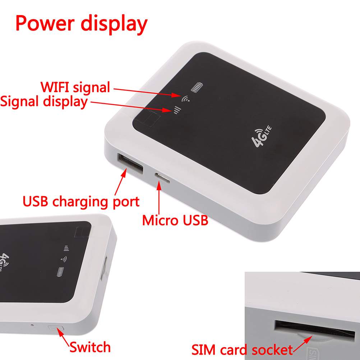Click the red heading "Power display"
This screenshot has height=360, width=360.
pyautogui.click(x=82, y=24)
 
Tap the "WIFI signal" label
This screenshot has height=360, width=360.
pyautogui.click(x=75, y=87)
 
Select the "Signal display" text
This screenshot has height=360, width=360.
pyautogui.click(x=44, y=101)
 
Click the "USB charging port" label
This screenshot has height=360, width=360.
pyautogui.click(x=81, y=202)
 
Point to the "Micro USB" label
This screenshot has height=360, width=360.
pyautogui.click(x=175, y=220)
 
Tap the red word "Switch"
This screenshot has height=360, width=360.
pyautogui.click(x=90, y=347)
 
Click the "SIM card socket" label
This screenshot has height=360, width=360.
pyautogui.click(x=242, y=350)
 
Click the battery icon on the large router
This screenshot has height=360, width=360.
pyautogui.click(x=197, y=87)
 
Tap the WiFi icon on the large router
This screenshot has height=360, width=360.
pyautogui.click(x=186, y=99)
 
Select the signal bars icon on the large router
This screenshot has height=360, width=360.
pyautogui.click(x=177, y=110)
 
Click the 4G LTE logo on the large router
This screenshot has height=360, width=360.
pyautogui.click(x=261, y=137)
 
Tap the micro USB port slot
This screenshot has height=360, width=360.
pyautogui.click(x=162, y=178)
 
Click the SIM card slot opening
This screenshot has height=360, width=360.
pyautogui.click(x=314, y=329)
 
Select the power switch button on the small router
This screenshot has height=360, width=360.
pyautogui.click(x=56, y=328)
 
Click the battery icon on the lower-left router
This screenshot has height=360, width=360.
pyautogui.click(x=60, y=272)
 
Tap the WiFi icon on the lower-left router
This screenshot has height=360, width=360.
pyautogui.click(x=64, y=259)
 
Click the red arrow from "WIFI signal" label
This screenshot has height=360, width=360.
pyautogui.click(x=146, y=92)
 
